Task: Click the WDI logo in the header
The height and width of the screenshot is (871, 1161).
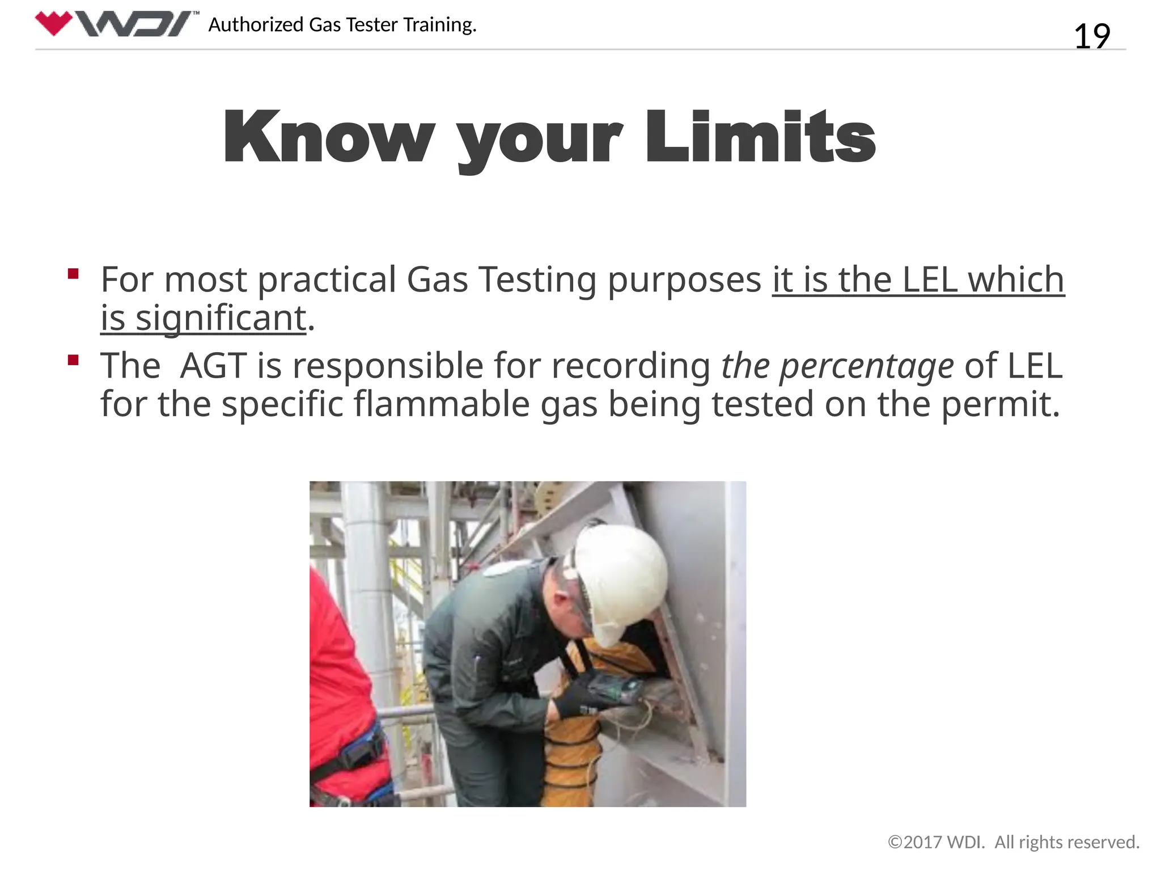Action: (116, 24)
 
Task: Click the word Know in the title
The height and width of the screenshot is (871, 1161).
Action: (329, 138)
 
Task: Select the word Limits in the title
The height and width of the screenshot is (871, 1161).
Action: (760, 138)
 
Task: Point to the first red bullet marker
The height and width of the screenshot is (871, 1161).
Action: (73, 274)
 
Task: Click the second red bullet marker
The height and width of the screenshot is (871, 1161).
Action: (73, 360)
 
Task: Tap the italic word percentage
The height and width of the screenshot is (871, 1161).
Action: (867, 366)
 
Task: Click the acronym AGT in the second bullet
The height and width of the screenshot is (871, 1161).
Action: (214, 366)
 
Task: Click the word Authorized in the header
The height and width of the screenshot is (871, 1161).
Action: (256, 25)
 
